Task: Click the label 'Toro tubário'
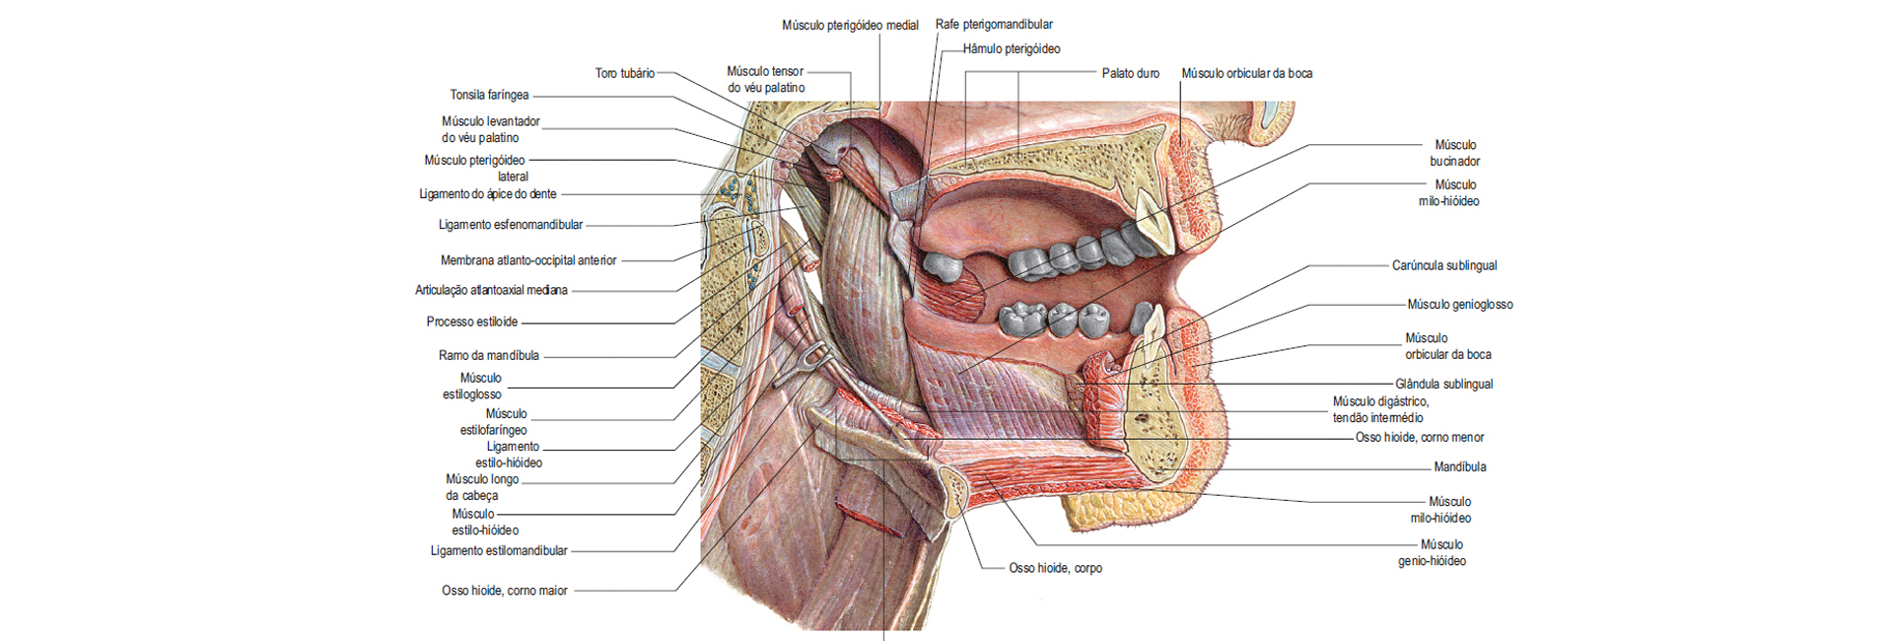624,73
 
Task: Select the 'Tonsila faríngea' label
489,95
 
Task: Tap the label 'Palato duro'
1130,73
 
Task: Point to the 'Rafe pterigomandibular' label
994,25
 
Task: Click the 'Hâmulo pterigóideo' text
1012,48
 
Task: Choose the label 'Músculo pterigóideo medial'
850,25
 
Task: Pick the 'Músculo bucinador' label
1455,153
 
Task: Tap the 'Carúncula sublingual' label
1444,265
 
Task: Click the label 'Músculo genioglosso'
1460,305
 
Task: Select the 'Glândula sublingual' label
1443,384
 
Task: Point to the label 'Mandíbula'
1460,466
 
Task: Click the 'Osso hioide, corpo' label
1055,568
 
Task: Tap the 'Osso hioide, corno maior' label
505,591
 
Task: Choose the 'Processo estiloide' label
472,321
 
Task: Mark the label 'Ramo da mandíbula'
489,355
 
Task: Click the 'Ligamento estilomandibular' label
499,550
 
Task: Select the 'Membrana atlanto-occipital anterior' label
528,260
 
